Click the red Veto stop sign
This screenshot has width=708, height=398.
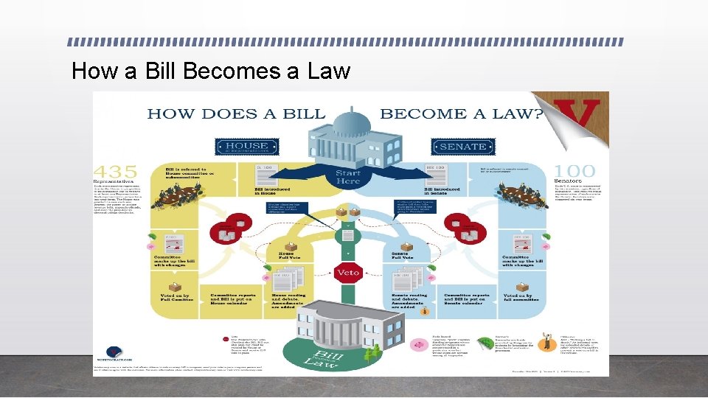(x=348, y=272)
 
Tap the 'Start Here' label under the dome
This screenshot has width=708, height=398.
(x=348, y=178)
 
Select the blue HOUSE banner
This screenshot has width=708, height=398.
(x=247, y=146)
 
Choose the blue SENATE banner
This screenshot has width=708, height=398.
(x=462, y=146)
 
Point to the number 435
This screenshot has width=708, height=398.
(x=122, y=171)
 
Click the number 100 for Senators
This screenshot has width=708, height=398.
(x=575, y=171)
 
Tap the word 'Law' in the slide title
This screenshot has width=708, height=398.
(x=330, y=71)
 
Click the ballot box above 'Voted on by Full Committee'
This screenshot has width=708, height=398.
(x=176, y=286)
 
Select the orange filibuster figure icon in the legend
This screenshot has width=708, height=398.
(x=545, y=341)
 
